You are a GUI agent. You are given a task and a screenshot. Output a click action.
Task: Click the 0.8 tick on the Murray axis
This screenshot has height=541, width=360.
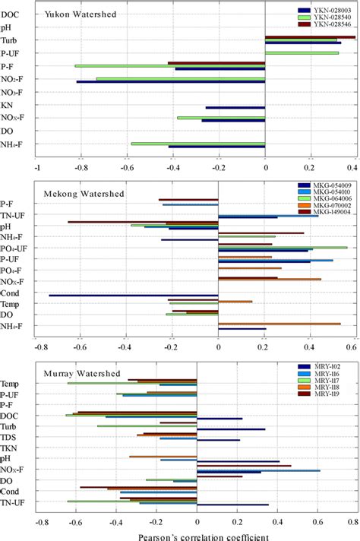pos(352,522)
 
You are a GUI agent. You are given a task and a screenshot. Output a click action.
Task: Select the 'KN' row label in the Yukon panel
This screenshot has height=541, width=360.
pos(11,106)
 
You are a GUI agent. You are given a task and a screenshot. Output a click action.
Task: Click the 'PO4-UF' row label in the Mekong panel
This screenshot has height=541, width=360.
pos(14,248)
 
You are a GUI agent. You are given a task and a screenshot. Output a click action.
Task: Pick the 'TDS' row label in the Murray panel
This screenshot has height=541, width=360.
pos(10,438)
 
